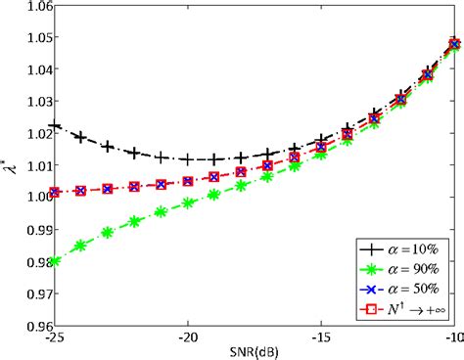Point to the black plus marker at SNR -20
tap(188, 158)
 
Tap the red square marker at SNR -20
tap(188, 181)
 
